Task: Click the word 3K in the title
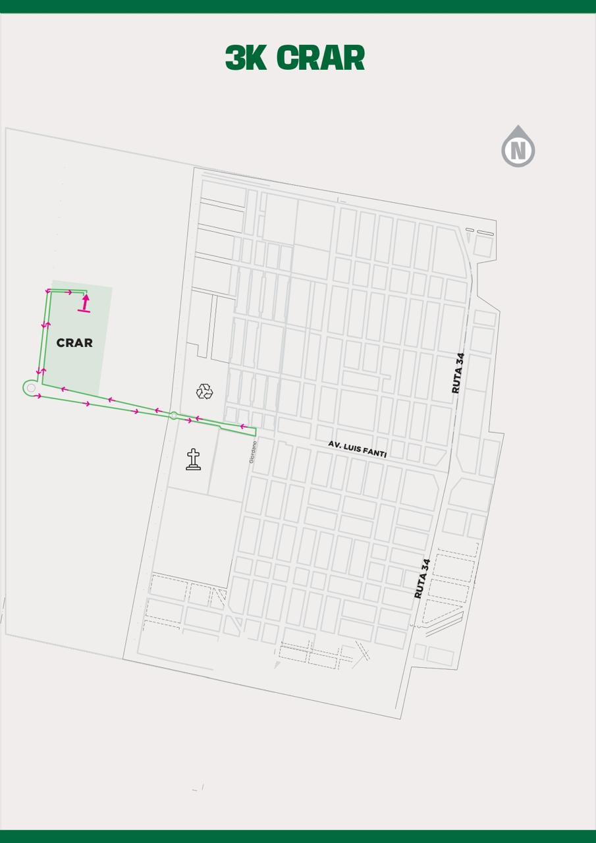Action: (x=246, y=58)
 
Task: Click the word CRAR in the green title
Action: (x=321, y=58)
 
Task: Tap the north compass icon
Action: (x=518, y=148)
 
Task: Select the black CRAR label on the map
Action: (x=74, y=342)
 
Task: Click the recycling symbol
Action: (x=205, y=392)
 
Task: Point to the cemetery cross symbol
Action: (x=193, y=459)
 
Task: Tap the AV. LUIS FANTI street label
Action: (x=357, y=449)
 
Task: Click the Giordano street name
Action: (x=252, y=451)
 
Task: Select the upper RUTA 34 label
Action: (x=458, y=373)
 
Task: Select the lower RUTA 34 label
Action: (x=422, y=578)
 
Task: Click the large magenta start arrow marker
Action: (x=85, y=303)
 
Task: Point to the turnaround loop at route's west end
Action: (x=30, y=388)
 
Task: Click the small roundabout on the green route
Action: (x=173, y=416)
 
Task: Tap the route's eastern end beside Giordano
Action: (x=255, y=431)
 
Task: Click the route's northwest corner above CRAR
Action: (x=49, y=290)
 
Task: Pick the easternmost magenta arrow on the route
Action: (x=243, y=427)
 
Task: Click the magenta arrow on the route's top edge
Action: (x=69, y=292)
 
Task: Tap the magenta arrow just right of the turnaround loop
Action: (x=39, y=396)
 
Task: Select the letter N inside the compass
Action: (x=518, y=151)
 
